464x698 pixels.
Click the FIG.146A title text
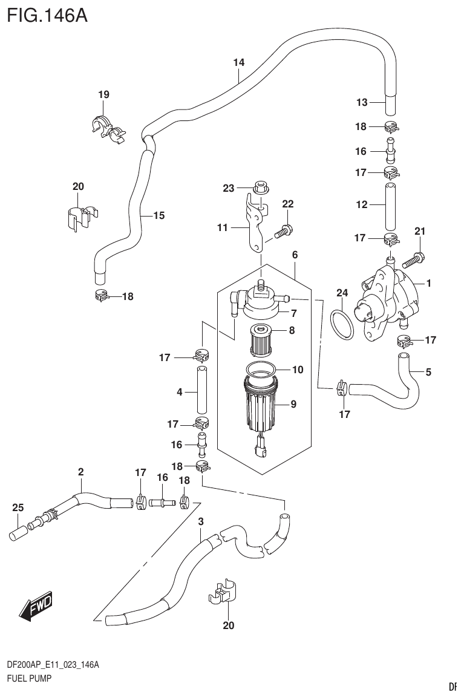click(x=47, y=15)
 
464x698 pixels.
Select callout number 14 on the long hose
click(x=238, y=62)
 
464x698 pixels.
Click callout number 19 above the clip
click(x=103, y=94)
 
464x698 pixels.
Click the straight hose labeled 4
click(x=202, y=391)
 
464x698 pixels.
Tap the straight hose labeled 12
click(x=391, y=204)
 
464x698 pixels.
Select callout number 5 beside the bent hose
click(x=428, y=372)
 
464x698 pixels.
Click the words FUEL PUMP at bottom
click(x=28, y=679)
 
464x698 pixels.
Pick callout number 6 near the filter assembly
click(x=295, y=255)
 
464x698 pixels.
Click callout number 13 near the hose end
click(x=362, y=102)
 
